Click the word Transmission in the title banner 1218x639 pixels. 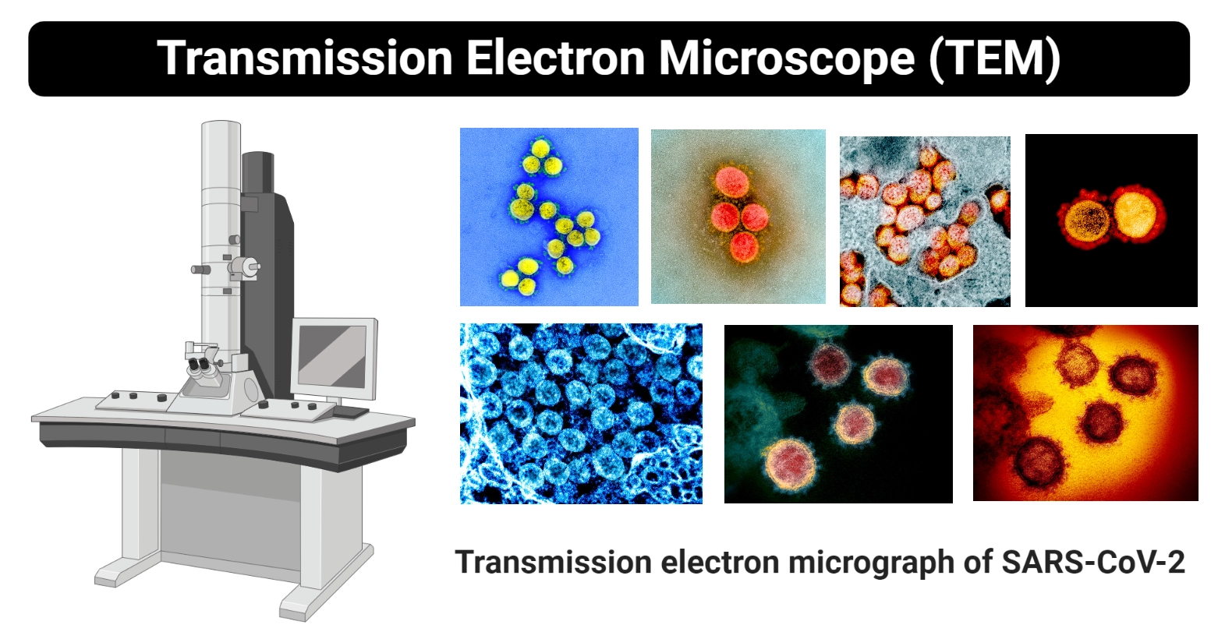[x=305, y=58]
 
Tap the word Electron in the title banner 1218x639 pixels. [x=556, y=58]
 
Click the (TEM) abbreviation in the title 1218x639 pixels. [x=995, y=59]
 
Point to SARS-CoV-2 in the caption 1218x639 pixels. [x=1093, y=562]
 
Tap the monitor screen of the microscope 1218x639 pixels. [x=333, y=356]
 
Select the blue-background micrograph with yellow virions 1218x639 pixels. [x=549, y=217]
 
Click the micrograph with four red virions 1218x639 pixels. [x=738, y=217]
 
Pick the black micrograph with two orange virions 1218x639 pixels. [x=1111, y=221]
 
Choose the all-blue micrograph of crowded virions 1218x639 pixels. [x=581, y=414]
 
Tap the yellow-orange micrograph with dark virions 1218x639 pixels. [x=1086, y=413]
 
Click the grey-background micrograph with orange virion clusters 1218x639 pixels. [x=925, y=221]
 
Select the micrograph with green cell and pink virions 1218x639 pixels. [x=838, y=414]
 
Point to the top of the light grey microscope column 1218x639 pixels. [x=221, y=124]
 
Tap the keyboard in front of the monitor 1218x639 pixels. [x=350, y=411]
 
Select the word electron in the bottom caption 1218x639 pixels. [x=720, y=563]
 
